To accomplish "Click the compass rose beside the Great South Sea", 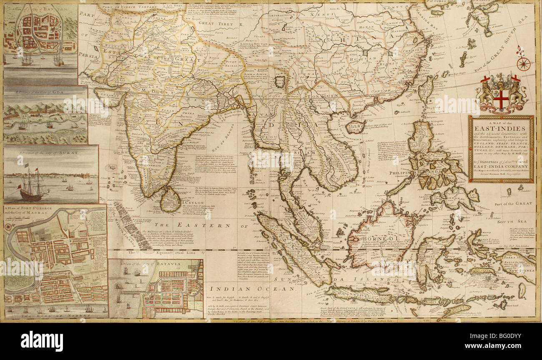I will [523, 64].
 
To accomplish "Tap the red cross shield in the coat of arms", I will [501, 99].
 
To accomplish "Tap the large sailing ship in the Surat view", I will [32, 186].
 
